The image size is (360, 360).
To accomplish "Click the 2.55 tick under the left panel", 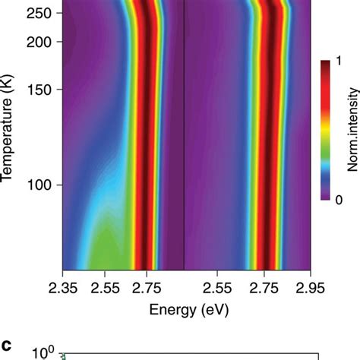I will click(105, 286).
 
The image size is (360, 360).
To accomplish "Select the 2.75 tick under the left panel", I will click(147, 286).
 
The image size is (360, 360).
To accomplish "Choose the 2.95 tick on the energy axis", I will click(310, 286).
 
